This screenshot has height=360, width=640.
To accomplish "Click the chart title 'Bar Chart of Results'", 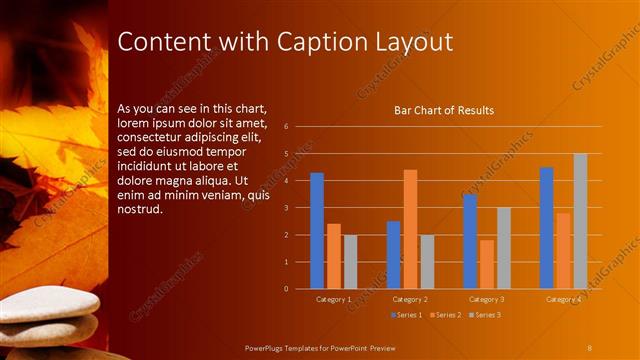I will tap(444, 110).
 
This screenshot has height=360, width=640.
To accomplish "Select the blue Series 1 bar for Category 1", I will tap(317, 230).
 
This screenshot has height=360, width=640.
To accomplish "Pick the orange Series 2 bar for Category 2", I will tap(410, 229).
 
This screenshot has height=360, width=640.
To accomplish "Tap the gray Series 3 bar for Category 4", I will tap(580, 221).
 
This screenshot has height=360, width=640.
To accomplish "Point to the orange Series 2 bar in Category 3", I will tap(487, 264).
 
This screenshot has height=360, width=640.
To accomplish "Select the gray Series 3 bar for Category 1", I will tap(350, 262).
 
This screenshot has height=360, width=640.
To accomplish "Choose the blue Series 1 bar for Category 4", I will tap(546, 227).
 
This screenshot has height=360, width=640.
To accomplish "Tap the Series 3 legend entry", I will tap(485, 315).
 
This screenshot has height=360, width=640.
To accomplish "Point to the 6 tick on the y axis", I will tap(286, 127).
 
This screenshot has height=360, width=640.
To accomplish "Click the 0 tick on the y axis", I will tap(286, 289).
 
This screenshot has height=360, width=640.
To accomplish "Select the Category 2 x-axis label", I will tap(410, 299).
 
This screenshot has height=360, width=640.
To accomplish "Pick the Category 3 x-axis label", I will tap(487, 299).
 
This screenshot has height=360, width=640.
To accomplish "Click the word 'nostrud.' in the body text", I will tap(139, 211).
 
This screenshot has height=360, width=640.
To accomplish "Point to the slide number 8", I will tap(590, 346).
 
